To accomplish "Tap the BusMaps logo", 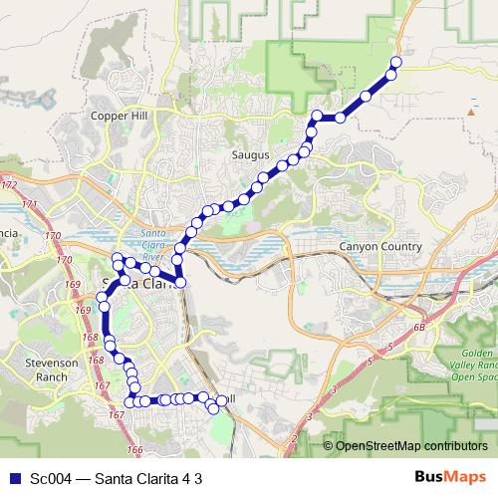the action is click(450, 478).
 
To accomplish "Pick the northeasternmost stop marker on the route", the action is click(395, 63).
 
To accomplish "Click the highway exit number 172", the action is click(11, 186).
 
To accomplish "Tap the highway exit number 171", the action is click(29, 204).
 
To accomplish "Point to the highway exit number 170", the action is click(66, 261).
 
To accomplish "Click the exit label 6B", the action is click(419, 327).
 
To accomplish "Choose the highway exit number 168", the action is click(92, 338).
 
